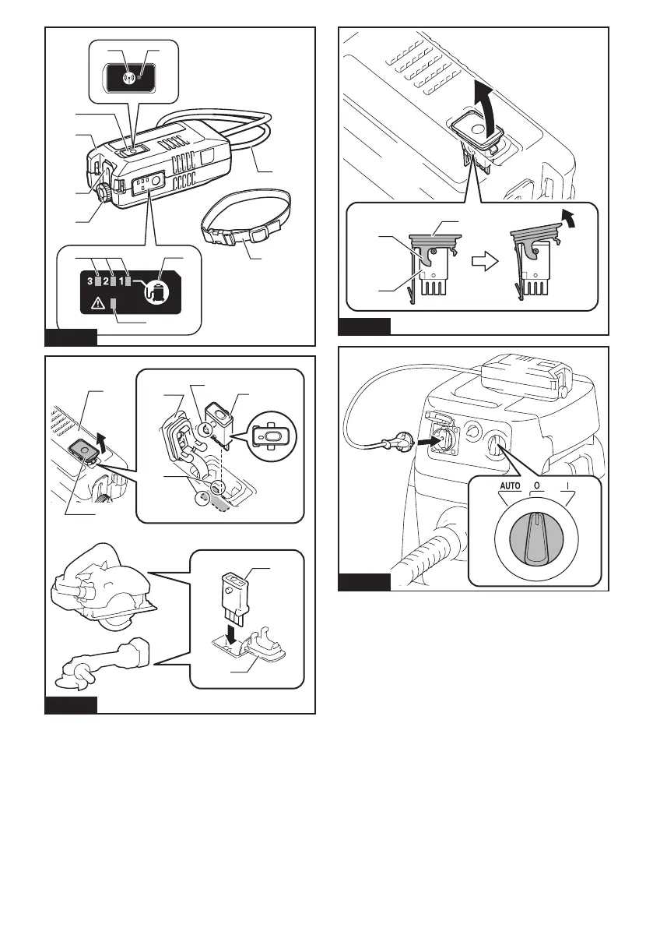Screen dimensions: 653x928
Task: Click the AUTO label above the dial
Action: (x=510, y=486)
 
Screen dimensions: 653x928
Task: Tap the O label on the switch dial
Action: (x=536, y=486)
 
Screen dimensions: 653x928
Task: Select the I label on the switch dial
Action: (x=567, y=486)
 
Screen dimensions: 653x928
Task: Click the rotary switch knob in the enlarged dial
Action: (x=536, y=538)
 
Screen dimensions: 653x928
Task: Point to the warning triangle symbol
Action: (x=97, y=304)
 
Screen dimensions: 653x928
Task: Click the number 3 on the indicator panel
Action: (x=90, y=281)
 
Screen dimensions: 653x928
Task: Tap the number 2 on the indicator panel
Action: (x=106, y=281)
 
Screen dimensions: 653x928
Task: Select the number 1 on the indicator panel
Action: (x=121, y=281)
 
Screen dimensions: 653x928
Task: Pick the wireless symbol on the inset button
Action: (x=128, y=77)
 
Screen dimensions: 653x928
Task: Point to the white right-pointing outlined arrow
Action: (x=485, y=262)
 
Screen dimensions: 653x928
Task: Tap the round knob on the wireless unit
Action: (x=104, y=193)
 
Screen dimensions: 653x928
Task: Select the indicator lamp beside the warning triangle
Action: (x=114, y=304)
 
